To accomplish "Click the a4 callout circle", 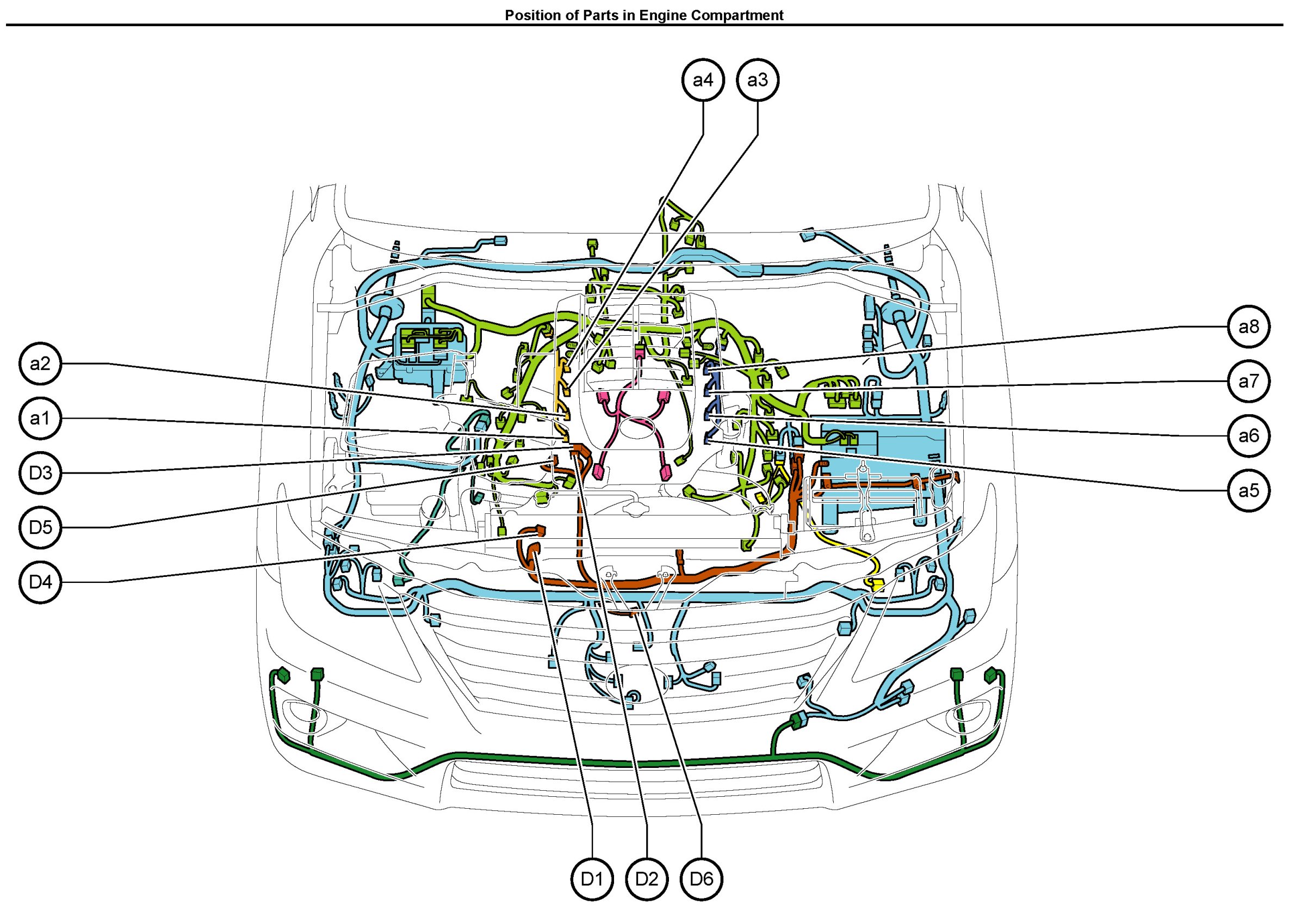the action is (703, 81).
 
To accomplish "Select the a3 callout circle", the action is (757, 81).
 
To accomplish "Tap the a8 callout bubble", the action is (1249, 327).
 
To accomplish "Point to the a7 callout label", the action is (1249, 382).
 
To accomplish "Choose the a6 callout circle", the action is (1249, 436).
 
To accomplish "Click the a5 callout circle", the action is (1249, 491).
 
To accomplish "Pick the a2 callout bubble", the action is (40, 364).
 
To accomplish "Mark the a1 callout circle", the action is (40, 419).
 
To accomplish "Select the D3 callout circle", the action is (40, 473).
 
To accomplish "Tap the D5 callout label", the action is (40, 527).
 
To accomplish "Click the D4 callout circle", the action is (40, 582).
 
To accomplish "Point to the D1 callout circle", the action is (592, 879).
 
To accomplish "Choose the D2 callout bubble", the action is (647, 879).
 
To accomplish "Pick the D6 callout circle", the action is (701, 879).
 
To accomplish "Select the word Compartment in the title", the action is (736, 15).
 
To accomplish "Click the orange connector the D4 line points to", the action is (540, 530).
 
